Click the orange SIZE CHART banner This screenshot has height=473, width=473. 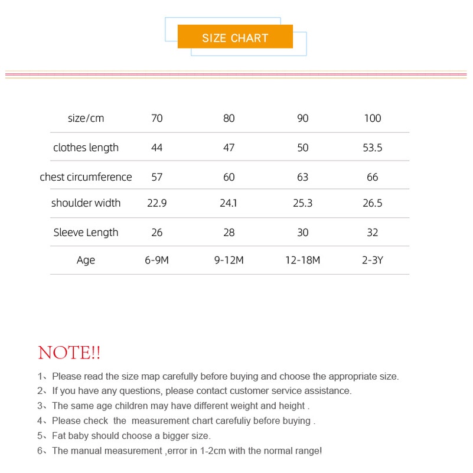[x=235, y=37]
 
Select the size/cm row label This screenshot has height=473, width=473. [x=86, y=118]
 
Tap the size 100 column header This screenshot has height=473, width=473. [x=373, y=118]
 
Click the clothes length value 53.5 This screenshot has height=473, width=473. [x=373, y=148]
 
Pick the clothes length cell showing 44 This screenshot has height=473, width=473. [x=156, y=148]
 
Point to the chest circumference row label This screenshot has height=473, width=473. [x=86, y=177]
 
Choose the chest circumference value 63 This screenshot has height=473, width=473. [x=303, y=177]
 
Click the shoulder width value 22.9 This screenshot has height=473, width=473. [x=156, y=203]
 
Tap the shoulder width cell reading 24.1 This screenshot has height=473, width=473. [x=229, y=203]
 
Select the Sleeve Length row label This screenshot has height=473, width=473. [x=86, y=233]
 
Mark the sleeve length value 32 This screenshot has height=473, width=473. [x=373, y=233]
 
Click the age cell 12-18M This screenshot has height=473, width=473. [x=303, y=260]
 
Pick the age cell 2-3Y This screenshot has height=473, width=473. [x=373, y=260]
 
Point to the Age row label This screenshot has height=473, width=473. [x=86, y=260]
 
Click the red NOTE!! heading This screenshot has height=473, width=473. [x=69, y=353]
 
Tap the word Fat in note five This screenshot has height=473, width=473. [x=59, y=436]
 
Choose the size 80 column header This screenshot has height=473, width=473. [x=229, y=118]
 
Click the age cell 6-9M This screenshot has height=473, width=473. [x=156, y=260]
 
